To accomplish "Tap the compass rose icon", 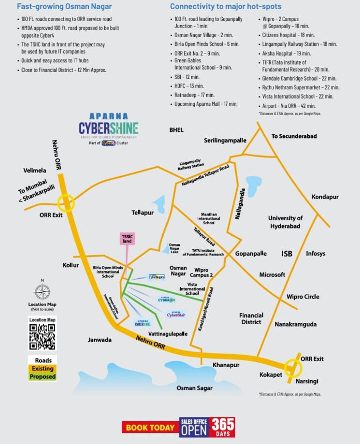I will click(42, 292).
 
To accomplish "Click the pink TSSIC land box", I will click(127, 238).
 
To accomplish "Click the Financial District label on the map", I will click(251, 318).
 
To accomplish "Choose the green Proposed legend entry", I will click(42, 376).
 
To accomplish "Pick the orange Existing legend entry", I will click(42, 368).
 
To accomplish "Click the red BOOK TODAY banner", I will click(150, 427).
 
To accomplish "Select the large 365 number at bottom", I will click(223, 425).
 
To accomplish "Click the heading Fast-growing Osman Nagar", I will click(64, 7).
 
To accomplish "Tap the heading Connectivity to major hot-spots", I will click(226, 7).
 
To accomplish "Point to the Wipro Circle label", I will click(303, 297).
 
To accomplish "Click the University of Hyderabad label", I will click(285, 222).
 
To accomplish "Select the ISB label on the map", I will click(287, 254).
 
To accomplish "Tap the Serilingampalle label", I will click(225, 140).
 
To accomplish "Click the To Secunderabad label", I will click(294, 136).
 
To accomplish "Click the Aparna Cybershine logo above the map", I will click(108, 128).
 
